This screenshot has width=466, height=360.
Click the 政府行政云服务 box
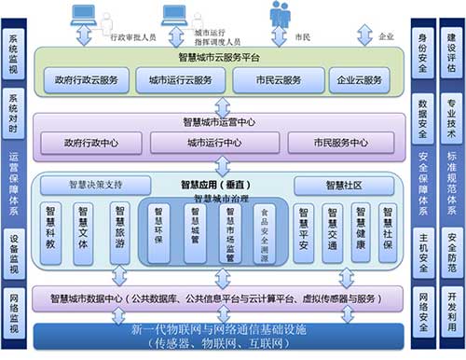coord(89,80)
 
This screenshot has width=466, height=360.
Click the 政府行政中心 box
coord(89,143)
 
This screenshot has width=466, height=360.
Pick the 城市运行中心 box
coord(213,143)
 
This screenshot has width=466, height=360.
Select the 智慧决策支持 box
coord(94,185)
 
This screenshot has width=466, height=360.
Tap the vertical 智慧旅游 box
coord(119,227)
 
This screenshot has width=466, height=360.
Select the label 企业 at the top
coord(387,37)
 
